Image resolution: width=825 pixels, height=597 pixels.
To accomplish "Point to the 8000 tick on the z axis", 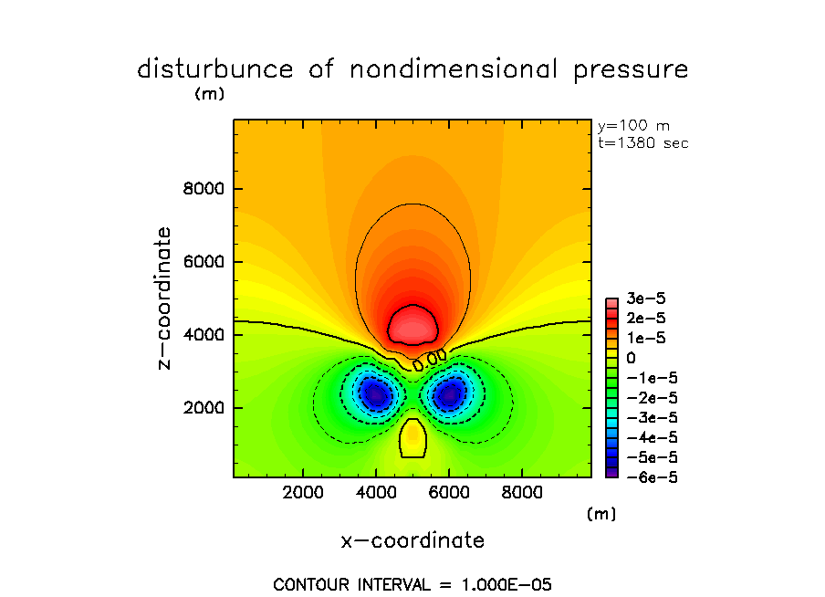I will tap(204, 190).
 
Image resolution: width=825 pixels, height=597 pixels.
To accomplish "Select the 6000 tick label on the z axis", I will tap(204, 263).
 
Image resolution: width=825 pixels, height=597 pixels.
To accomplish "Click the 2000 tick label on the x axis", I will tap(304, 493).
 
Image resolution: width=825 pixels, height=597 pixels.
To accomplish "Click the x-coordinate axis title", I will tap(412, 540).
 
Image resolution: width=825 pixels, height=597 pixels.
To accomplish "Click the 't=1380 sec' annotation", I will tap(642, 143).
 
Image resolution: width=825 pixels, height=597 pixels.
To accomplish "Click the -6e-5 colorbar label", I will tap(647, 477).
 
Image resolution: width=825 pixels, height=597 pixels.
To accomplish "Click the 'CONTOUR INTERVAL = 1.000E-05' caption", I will tap(412, 583).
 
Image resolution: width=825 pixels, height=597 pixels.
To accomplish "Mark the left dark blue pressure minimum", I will tap(375, 394).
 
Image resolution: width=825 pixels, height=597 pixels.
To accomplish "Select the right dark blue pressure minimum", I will tap(449, 394).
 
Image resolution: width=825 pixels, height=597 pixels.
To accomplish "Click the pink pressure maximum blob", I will tap(412, 324).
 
